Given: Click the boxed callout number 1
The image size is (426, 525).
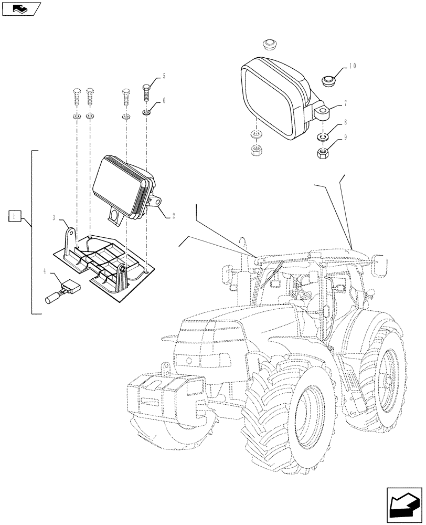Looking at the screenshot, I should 15,215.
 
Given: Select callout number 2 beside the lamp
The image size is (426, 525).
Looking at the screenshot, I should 173,216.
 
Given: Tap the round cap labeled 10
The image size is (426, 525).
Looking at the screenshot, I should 329,80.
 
